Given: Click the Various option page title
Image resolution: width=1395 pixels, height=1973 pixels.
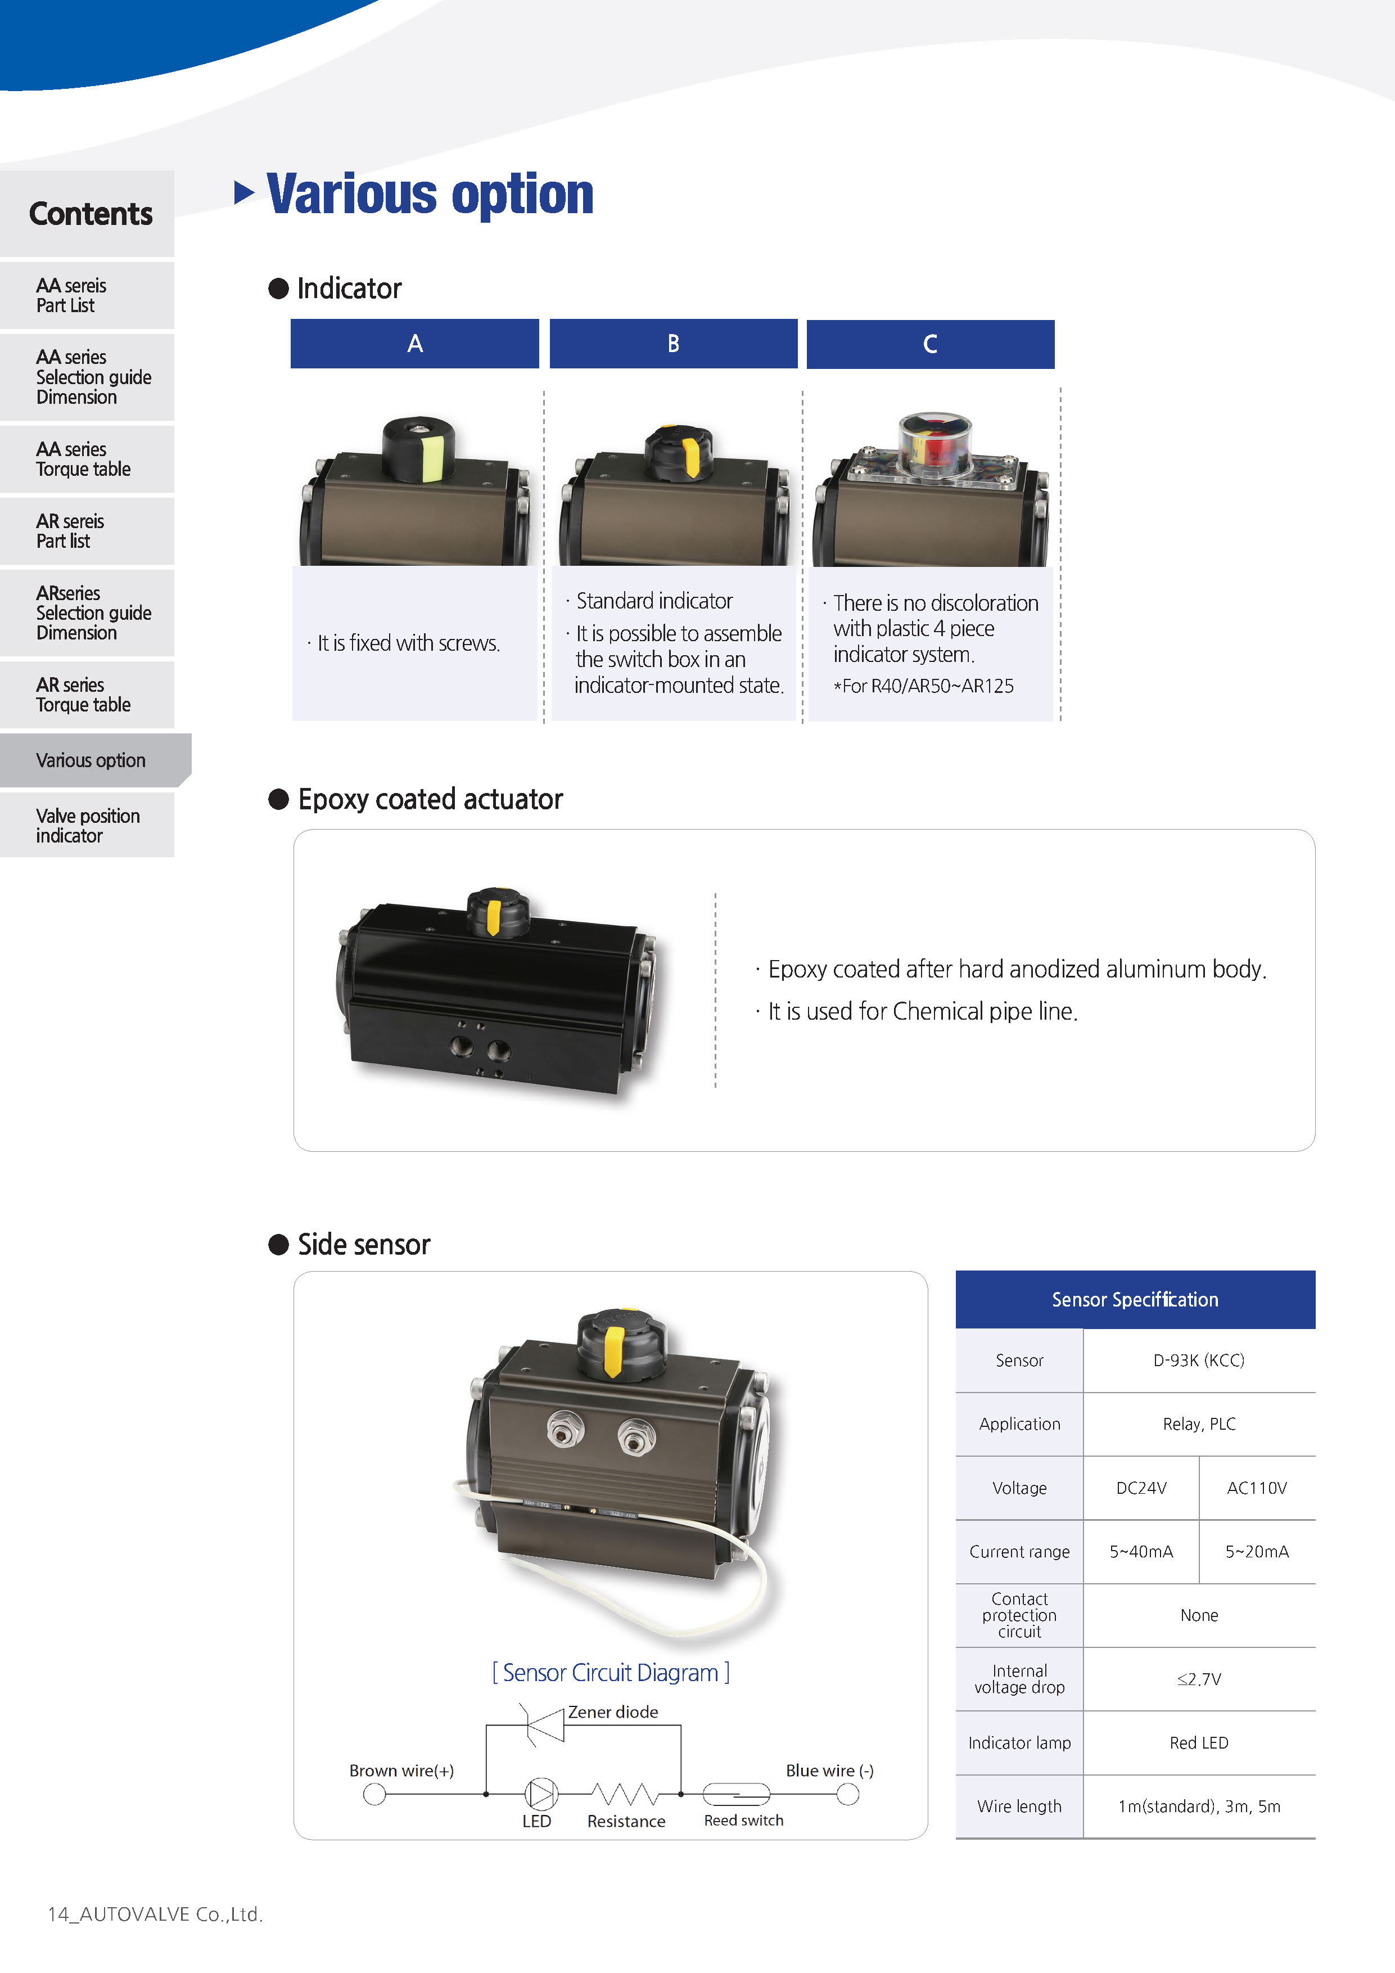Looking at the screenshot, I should (x=430, y=194).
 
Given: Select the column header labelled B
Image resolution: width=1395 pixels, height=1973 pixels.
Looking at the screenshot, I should (x=674, y=344).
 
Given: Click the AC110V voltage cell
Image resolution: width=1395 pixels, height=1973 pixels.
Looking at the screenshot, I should (x=1257, y=1488).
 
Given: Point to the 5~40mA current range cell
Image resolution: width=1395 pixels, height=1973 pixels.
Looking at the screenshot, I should (x=1141, y=1551).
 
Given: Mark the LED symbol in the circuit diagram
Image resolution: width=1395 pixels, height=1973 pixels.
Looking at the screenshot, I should (x=540, y=1794).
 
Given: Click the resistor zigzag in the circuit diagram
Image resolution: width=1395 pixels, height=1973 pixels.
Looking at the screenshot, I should (x=625, y=1794).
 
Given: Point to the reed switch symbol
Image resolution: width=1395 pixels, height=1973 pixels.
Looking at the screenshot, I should (x=736, y=1794).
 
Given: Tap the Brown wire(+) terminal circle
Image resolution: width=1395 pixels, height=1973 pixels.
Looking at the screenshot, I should (x=374, y=1794).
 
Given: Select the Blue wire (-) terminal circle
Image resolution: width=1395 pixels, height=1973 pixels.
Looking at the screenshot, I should (x=848, y=1794).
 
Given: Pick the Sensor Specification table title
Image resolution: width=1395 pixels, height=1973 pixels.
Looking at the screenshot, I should (x=1135, y=1299).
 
